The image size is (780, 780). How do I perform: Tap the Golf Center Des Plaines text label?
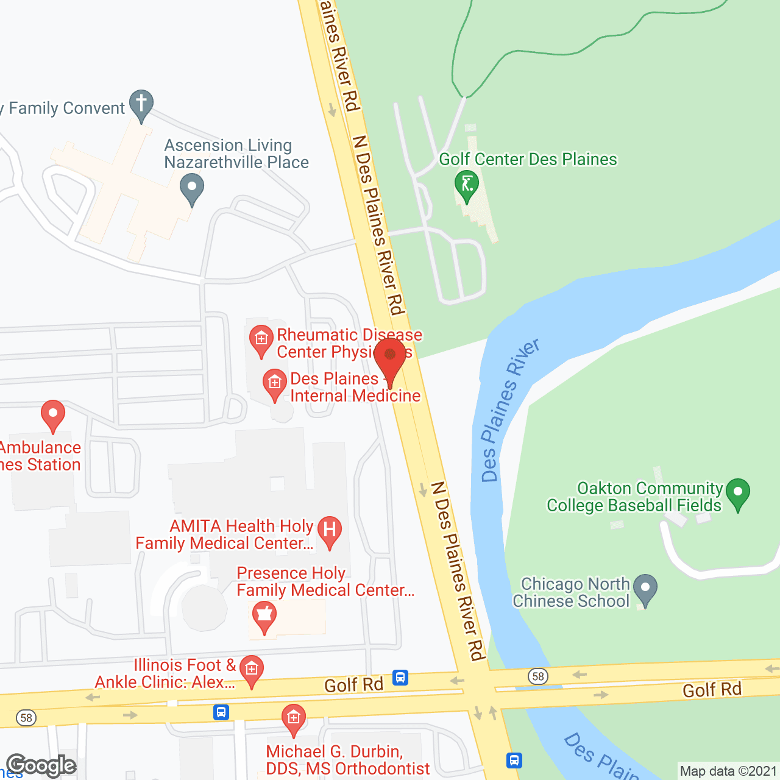[528, 160]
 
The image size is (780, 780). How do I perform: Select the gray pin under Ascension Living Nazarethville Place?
[192, 188]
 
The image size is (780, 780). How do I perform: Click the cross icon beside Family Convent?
[141, 104]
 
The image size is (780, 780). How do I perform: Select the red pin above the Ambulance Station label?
[53, 414]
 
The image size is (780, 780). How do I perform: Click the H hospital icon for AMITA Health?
[330, 530]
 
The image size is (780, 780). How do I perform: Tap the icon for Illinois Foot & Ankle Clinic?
[251, 670]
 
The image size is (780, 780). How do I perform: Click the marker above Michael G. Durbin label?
[293, 718]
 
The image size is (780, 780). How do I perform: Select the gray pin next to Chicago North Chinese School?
[645, 589]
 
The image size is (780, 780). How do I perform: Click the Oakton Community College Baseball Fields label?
[634, 497]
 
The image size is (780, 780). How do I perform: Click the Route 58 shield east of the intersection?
[538, 676]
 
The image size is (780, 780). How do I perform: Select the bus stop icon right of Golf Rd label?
[400, 678]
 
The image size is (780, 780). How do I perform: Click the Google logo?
[41, 765]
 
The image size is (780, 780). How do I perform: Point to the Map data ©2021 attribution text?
[728, 771]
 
